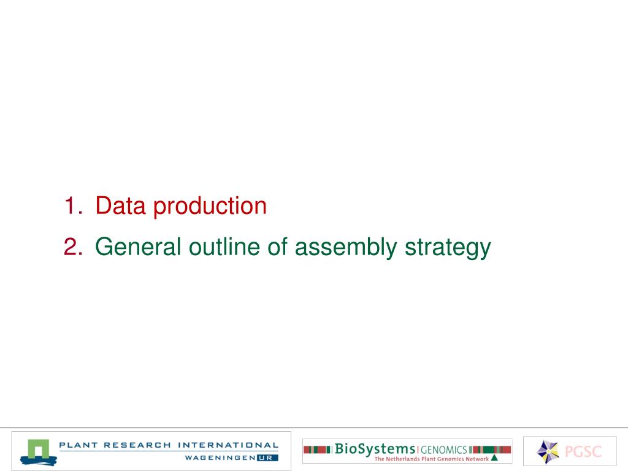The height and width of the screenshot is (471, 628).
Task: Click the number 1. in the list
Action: (x=73, y=206)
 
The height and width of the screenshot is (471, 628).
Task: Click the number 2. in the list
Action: (x=73, y=247)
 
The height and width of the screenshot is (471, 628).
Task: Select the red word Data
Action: (x=120, y=205)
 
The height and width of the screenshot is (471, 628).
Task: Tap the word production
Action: (x=210, y=207)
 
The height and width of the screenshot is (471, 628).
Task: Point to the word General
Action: (x=138, y=247)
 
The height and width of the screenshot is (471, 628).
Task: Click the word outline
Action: (x=224, y=246)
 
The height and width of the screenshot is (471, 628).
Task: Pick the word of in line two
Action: (x=277, y=246)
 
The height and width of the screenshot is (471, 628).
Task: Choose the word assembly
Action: (x=346, y=248)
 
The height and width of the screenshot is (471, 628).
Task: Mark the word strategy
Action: (x=448, y=248)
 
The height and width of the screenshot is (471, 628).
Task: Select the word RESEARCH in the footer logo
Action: (x=137, y=445)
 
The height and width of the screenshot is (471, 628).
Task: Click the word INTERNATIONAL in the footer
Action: (x=228, y=445)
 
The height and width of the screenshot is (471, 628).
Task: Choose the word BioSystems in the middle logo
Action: (x=375, y=449)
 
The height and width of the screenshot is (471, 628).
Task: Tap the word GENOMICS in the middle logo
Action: (x=444, y=450)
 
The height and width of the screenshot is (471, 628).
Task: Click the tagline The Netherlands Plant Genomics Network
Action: (x=431, y=459)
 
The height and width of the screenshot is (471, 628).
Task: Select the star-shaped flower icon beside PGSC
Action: (x=548, y=451)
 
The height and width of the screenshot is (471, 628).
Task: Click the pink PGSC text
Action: (x=583, y=451)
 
